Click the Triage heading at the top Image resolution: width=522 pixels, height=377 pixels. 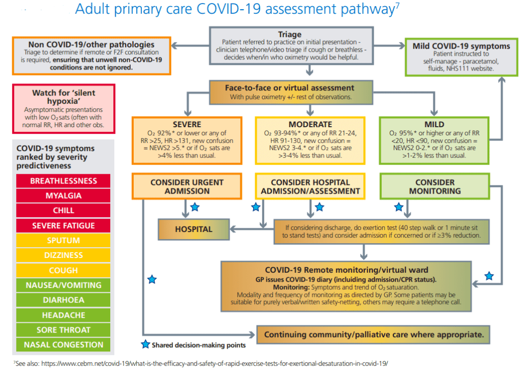click(x=290, y=35)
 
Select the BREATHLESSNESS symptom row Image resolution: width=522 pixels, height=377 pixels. click(x=63, y=181)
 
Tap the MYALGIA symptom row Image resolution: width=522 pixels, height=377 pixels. click(x=63, y=196)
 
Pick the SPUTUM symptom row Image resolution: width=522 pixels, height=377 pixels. click(x=63, y=240)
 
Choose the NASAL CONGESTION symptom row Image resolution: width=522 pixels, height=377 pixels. click(x=63, y=345)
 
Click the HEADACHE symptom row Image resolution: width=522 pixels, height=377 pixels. click(x=63, y=315)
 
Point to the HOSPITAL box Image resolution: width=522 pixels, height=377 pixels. click(x=193, y=229)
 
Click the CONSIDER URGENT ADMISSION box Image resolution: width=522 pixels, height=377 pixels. click(x=187, y=186)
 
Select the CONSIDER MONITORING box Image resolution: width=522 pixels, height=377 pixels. click(x=435, y=186)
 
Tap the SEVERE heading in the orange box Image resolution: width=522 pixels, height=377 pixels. click(x=187, y=124)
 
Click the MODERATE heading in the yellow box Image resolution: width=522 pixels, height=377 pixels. click(x=310, y=124)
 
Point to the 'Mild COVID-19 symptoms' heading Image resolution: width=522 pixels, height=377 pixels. click(x=461, y=46)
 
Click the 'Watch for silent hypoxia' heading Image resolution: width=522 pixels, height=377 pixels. click(x=63, y=97)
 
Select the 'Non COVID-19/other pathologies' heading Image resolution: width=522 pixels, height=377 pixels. click(x=91, y=44)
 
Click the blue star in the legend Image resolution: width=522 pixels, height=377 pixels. click(x=145, y=345)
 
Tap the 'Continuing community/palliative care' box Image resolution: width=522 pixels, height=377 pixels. click(x=373, y=335)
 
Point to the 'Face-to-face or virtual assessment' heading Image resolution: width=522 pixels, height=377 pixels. click(x=290, y=88)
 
